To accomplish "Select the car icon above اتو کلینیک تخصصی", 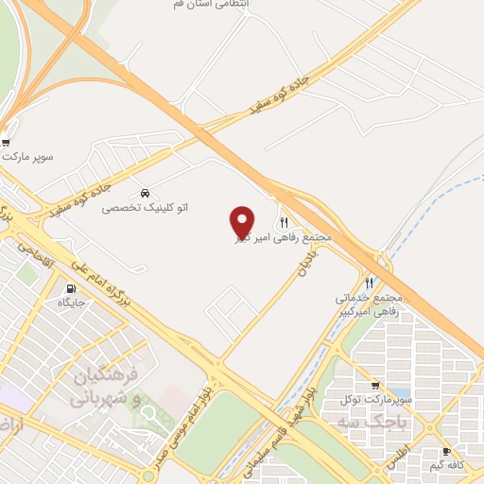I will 144,193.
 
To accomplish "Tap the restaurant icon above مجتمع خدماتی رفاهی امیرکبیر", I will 370,282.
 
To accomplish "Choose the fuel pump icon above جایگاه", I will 71,289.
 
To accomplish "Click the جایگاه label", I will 72,303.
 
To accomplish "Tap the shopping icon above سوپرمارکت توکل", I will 376,386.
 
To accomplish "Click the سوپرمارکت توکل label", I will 378,400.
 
